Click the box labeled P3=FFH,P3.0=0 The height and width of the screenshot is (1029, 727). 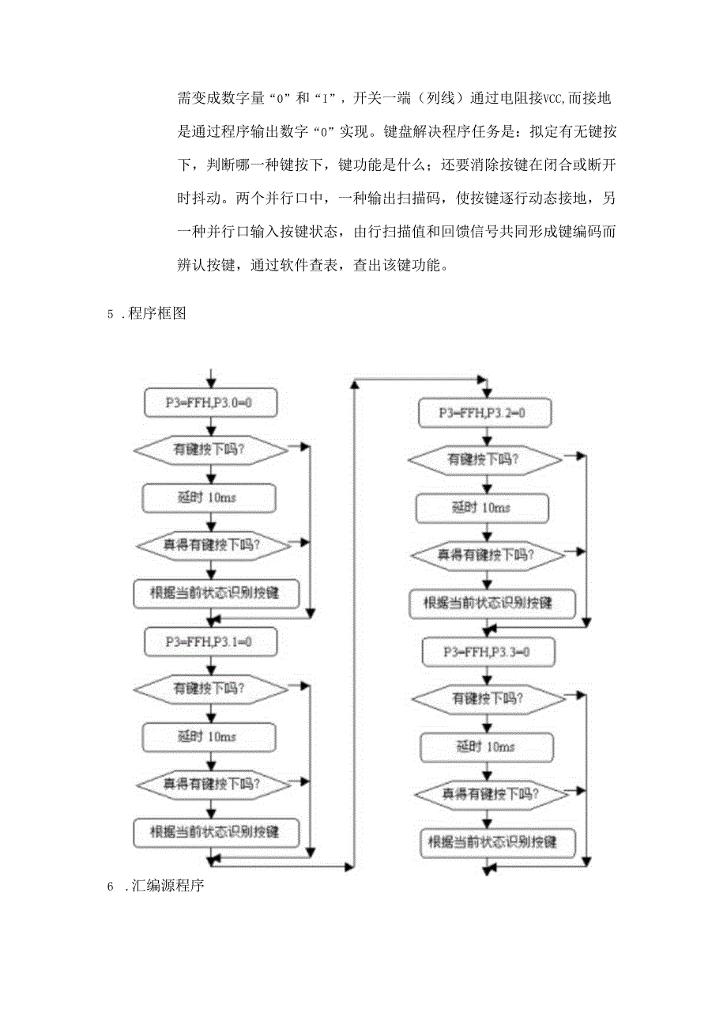209,403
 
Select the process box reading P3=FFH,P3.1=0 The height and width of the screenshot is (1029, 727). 209,641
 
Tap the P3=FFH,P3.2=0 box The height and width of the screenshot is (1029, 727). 484,413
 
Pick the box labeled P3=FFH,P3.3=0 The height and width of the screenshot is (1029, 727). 487,653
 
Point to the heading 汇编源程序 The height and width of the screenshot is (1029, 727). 169,887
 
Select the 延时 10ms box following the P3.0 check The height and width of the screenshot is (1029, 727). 209,497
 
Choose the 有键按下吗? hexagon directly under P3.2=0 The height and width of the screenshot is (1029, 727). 484,459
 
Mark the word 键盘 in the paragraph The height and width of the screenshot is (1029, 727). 399,133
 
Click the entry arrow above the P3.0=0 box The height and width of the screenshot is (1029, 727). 209,378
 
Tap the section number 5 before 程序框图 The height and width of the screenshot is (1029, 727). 111,314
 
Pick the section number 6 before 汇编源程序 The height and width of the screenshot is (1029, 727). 111,887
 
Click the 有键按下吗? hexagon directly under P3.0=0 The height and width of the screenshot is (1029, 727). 209,450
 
